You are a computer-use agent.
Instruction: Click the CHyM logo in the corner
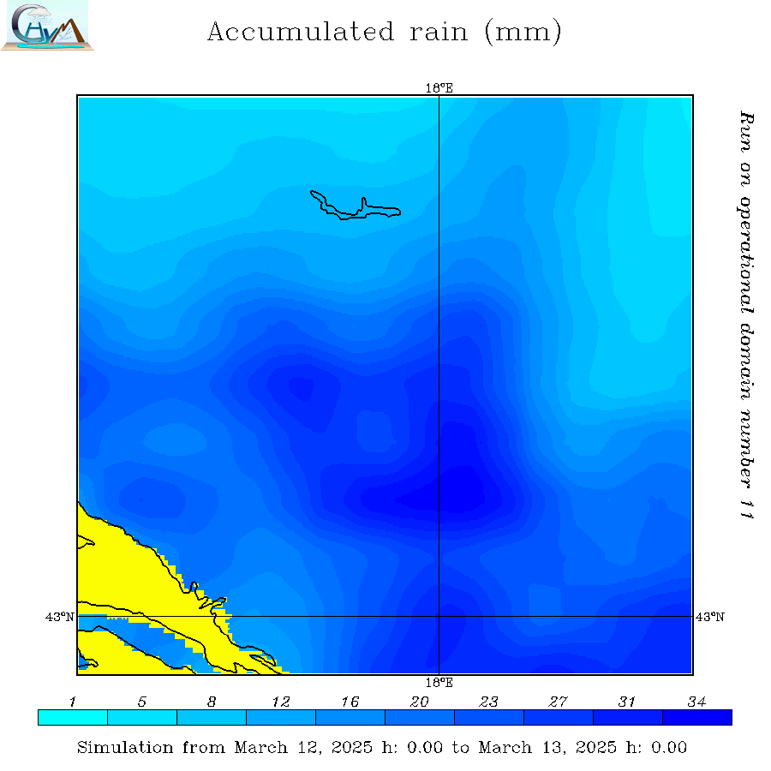click(47, 26)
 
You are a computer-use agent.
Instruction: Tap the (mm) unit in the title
click(523, 33)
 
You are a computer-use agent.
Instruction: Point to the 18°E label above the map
click(439, 87)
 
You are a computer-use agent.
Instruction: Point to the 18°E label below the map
click(439, 683)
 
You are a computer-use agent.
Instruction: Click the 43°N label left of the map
click(60, 617)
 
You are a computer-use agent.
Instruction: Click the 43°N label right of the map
click(709, 617)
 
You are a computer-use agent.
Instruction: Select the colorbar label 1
click(73, 702)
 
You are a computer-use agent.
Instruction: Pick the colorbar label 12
click(281, 702)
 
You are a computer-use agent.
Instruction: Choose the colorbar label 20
click(420, 702)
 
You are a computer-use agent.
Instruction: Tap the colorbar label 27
click(559, 702)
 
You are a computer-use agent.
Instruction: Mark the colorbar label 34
click(696, 702)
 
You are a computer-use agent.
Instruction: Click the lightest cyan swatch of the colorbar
click(73, 718)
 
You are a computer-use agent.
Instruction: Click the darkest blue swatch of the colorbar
click(697, 718)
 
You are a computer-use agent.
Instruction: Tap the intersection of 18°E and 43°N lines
click(439, 616)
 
